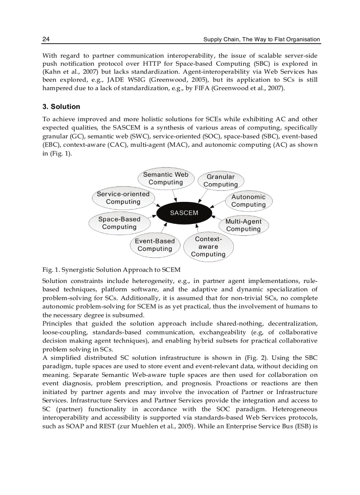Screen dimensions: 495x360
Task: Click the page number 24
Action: (x=46, y=39)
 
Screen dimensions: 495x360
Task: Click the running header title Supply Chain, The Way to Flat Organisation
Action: (x=261, y=39)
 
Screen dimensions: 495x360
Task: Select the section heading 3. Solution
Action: (x=61, y=107)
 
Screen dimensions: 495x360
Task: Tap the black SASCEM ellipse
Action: (x=184, y=213)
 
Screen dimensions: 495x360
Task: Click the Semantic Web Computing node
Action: (x=165, y=179)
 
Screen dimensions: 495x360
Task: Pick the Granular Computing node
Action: (x=221, y=181)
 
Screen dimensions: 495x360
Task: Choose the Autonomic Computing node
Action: (x=248, y=201)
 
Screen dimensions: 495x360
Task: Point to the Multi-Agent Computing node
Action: (x=244, y=225)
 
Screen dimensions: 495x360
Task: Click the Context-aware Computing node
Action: (x=208, y=247)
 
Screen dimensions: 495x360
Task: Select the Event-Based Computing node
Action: (x=154, y=245)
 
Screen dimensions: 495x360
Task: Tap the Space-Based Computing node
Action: (x=119, y=223)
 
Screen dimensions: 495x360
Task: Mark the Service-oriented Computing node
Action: (x=123, y=198)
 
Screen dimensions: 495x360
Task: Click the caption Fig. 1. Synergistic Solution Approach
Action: (x=111, y=270)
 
